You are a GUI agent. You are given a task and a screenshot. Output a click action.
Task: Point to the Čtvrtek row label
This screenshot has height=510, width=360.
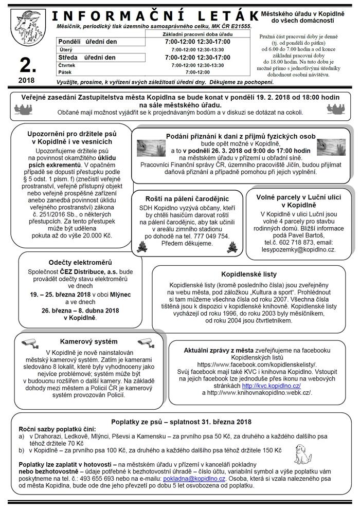tap(67, 65)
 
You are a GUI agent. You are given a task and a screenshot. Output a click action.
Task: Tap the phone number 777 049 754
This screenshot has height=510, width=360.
tap(212, 236)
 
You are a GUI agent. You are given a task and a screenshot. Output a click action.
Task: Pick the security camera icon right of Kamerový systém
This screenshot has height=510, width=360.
tap(144, 341)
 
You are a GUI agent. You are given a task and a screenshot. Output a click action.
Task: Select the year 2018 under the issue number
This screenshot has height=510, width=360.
tap(26, 80)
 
